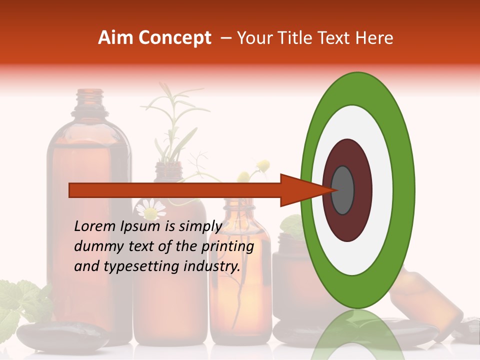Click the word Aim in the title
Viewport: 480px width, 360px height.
pyautogui.click(x=115, y=38)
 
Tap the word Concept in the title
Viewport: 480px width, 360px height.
pyautogui.click(x=174, y=38)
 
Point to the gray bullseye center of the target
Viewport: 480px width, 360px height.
pyautogui.click(x=342, y=190)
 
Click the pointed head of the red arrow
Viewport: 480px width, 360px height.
pyautogui.click(x=300, y=190)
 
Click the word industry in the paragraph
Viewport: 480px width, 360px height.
pyautogui.click(x=212, y=266)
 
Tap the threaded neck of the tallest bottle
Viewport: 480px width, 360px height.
pyautogui.click(x=89, y=99)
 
